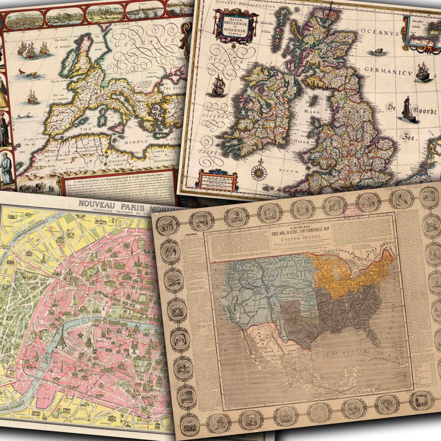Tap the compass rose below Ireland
click(259, 173)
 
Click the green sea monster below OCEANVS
click(374, 52)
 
